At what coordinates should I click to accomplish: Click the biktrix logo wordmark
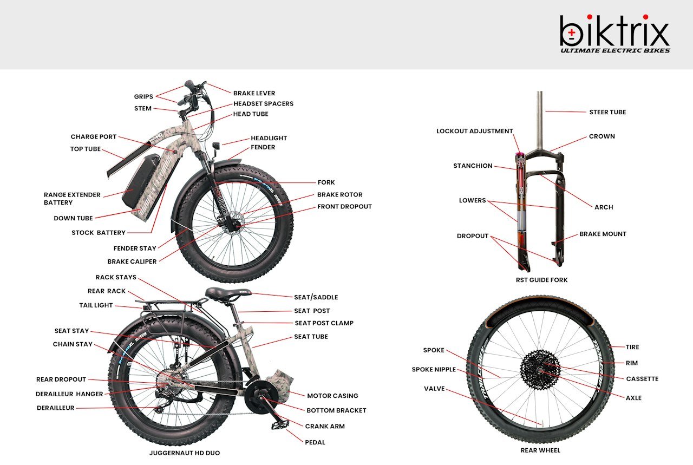click(x=614, y=31)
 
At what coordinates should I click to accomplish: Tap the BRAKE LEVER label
click(x=254, y=93)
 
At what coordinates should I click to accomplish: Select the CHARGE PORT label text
click(x=94, y=137)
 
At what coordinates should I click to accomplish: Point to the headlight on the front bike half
click(x=215, y=146)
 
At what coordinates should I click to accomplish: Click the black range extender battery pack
click(x=141, y=180)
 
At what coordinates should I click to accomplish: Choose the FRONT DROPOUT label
click(x=344, y=206)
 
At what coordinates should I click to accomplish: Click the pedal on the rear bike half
click(x=280, y=424)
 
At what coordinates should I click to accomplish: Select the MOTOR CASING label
click(x=332, y=396)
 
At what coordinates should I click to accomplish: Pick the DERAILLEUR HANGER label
click(x=69, y=394)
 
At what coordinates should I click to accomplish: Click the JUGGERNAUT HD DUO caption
click(x=185, y=453)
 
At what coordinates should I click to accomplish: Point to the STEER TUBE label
click(x=607, y=112)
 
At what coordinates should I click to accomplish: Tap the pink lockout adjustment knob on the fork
click(x=520, y=154)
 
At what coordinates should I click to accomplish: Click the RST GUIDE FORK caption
click(x=541, y=280)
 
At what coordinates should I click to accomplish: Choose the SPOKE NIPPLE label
click(x=434, y=369)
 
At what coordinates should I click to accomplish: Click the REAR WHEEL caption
click(x=540, y=450)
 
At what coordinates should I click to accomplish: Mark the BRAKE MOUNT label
click(x=603, y=234)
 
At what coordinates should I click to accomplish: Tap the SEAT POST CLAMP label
click(x=324, y=323)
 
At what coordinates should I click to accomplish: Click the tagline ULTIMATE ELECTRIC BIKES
click(x=615, y=50)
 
